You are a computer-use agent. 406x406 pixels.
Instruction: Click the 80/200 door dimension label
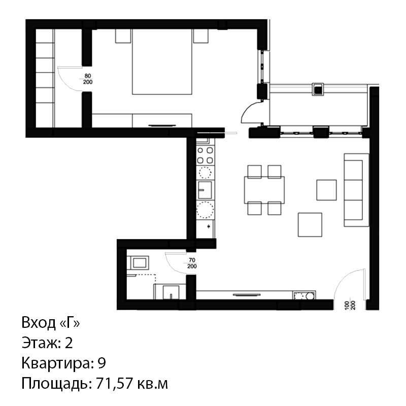click(88, 79)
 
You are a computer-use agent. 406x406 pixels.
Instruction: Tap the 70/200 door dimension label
click(192, 263)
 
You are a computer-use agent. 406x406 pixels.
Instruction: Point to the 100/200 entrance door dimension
click(352, 306)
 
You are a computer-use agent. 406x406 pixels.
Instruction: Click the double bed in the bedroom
click(162, 61)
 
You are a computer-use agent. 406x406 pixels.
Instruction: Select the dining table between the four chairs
click(264, 190)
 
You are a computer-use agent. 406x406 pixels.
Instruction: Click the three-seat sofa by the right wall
click(356, 190)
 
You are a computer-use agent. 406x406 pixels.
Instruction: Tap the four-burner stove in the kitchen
click(205, 155)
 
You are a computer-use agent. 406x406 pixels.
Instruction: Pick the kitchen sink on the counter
click(205, 190)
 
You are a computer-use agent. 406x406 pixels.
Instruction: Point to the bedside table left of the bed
click(123, 36)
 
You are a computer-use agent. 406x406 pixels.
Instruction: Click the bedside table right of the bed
click(201, 36)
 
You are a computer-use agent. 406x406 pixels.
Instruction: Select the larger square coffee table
click(310, 225)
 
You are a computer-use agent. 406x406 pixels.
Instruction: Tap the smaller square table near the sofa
click(326, 190)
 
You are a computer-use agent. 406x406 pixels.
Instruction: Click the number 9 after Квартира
click(102, 363)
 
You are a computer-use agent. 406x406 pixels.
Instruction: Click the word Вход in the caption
click(39, 323)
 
